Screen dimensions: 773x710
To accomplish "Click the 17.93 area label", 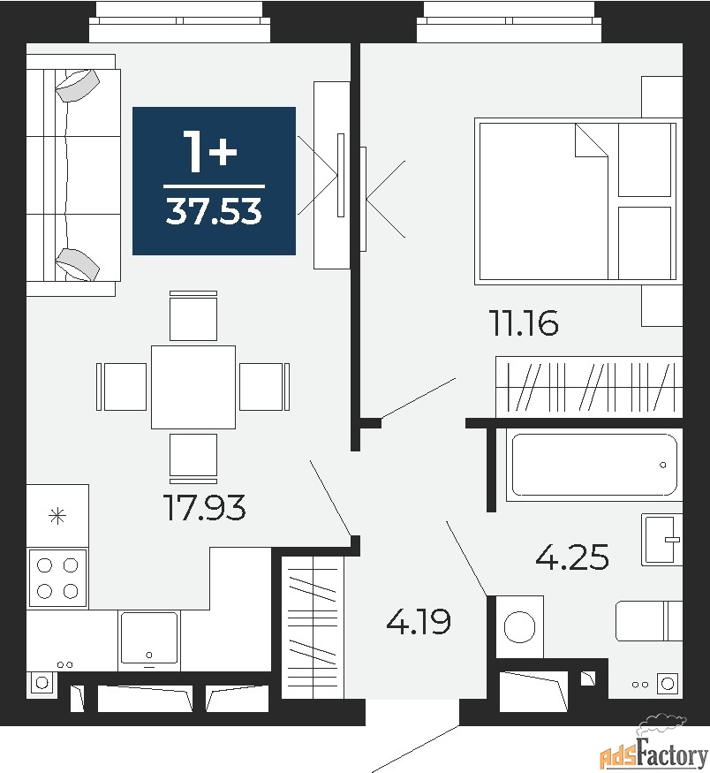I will (x=204, y=508).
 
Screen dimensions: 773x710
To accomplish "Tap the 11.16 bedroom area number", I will (x=524, y=323).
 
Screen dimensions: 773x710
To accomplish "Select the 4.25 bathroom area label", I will (x=573, y=557).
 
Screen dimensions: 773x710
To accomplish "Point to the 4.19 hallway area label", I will (x=419, y=622).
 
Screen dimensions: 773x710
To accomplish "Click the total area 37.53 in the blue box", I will (x=214, y=213).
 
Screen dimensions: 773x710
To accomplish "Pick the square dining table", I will (x=193, y=387).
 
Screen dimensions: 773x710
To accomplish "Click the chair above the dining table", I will (x=193, y=315).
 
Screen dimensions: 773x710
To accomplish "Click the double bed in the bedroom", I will (x=576, y=201).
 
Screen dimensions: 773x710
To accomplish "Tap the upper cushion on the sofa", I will (x=78, y=86).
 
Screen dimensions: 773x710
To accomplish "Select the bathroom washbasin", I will (x=662, y=539).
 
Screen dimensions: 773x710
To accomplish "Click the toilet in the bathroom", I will (x=648, y=620).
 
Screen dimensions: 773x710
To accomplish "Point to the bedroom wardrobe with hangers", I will (x=588, y=386).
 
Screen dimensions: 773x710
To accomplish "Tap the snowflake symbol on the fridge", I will (x=57, y=515).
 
